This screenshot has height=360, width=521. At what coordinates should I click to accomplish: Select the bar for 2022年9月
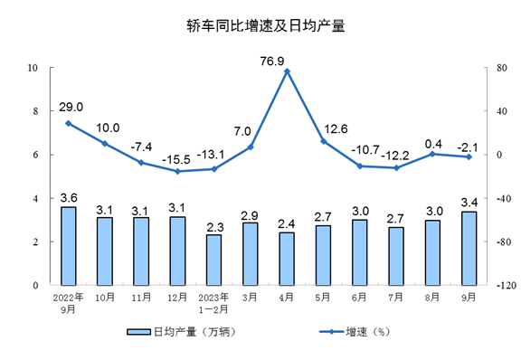pos(68,245)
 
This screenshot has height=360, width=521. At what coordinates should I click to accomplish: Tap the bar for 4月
pos(287,258)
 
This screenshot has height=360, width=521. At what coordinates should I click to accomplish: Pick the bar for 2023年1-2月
pos(213,260)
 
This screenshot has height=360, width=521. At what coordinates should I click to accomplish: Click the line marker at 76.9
pos(287,71)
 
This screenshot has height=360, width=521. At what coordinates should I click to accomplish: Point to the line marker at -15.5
pos(177,171)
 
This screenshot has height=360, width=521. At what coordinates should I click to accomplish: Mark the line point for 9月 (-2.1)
pos(469,157)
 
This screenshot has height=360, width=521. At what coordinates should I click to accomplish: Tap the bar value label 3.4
pos(469,200)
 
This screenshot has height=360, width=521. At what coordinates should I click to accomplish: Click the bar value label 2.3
pos(213,224)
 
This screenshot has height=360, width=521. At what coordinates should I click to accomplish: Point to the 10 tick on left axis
pos(32,68)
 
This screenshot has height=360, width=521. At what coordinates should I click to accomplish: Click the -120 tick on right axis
pos(500,285)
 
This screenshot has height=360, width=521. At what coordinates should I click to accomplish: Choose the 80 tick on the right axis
pos(496,68)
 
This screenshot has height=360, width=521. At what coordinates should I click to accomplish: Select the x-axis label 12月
pos(177,296)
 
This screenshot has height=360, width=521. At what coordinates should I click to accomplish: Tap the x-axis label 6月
pos(359,296)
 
